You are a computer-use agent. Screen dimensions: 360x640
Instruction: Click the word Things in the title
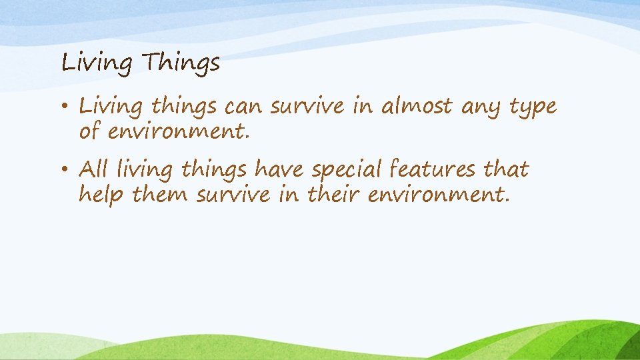click(182, 63)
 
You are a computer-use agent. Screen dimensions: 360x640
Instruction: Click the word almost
click(417, 106)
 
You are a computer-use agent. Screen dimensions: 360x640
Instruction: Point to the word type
click(531, 107)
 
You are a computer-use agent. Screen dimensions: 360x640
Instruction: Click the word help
click(102, 195)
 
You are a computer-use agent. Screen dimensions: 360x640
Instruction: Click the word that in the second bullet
click(506, 169)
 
